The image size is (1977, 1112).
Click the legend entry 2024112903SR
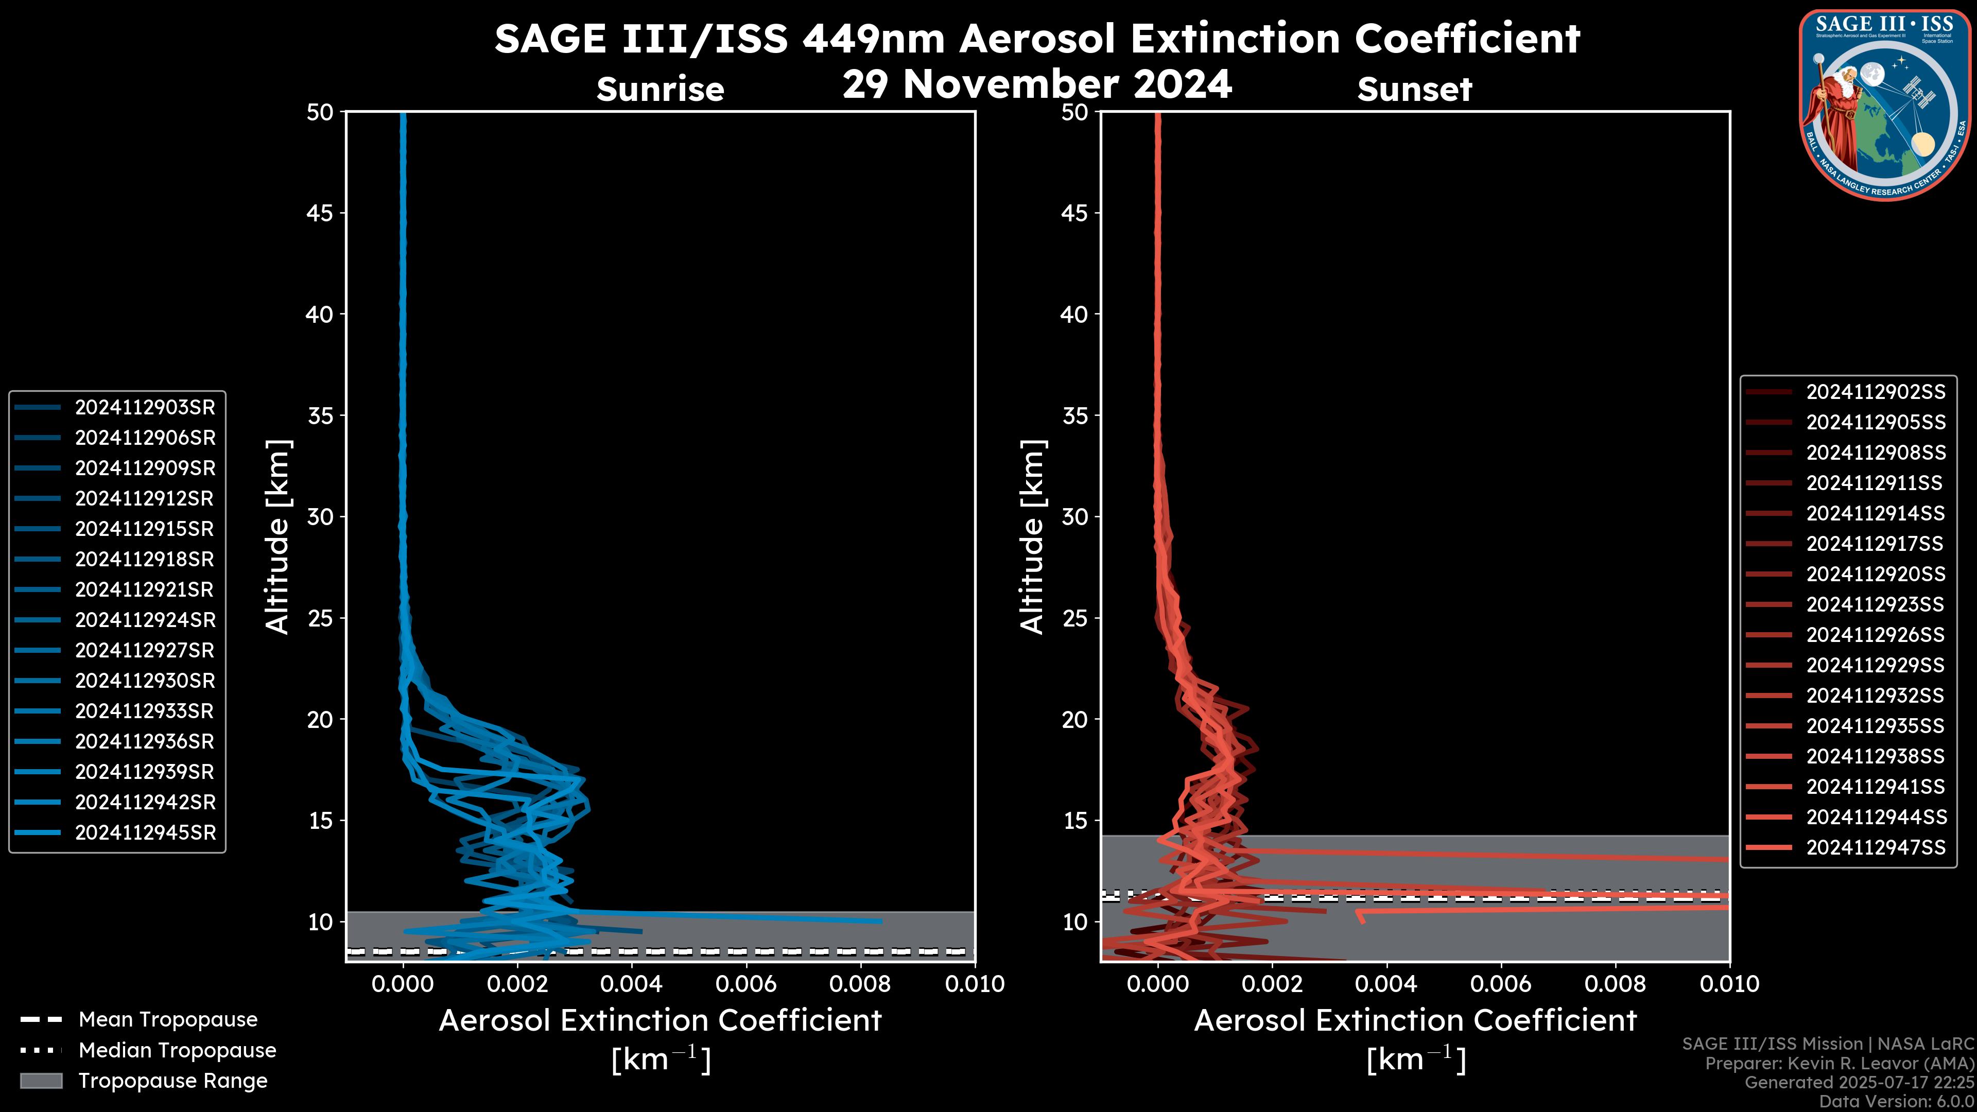pyautogui.click(x=145, y=408)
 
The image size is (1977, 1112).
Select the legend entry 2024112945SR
pyautogui.click(x=145, y=832)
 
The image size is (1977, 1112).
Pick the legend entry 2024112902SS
pyautogui.click(x=1875, y=392)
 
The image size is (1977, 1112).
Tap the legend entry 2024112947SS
pyautogui.click(x=1875, y=847)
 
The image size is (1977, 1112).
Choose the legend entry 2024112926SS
pyautogui.click(x=1875, y=635)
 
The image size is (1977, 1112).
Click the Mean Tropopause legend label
pyautogui.click(x=168, y=1019)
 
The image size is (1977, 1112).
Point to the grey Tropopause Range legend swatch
pyautogui.click(x=41, y=1081)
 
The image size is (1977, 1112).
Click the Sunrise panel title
pyautogui.click(x=660, y=89)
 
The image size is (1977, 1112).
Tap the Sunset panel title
pyautogui.click(x=1414, y=89)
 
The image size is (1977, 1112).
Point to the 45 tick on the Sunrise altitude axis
pyautogui.click(x=320, y=213)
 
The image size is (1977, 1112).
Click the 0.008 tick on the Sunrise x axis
pyautogui.click(x=860, y=984)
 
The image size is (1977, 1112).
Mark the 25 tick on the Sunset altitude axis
pyautogui.click(x=1075, y=618)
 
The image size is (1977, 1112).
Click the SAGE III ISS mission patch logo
pyautogui.click(x=1884, y=105)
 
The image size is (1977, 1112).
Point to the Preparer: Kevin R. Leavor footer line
pyautogui.click(x=1839, y=1063)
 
